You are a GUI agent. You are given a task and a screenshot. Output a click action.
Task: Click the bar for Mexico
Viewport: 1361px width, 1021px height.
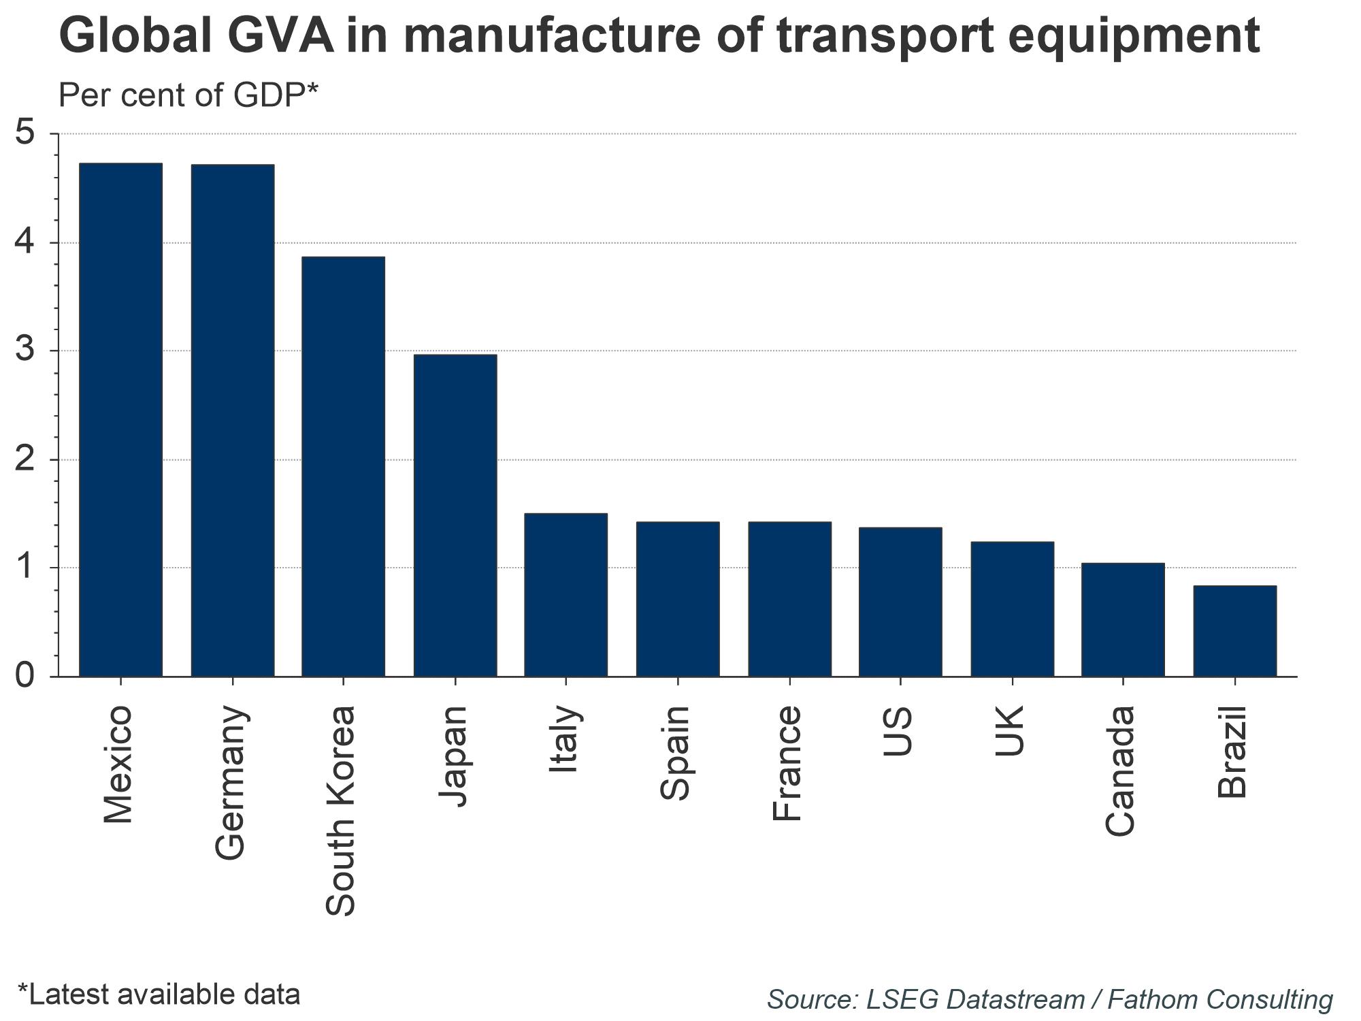click(x=121, y=420)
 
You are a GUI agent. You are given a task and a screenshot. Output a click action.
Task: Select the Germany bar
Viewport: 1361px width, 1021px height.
click(x=233, y=421)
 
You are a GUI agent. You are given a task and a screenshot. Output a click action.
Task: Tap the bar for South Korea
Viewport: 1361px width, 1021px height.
click(x=344, y=467)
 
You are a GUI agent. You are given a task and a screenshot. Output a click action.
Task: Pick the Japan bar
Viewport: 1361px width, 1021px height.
click(x=455, y=515)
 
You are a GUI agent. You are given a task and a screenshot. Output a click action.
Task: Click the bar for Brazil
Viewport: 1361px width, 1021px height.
click(x=1234, y=631)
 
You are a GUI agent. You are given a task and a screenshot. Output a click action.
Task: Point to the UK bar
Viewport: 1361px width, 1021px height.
click(x=1012, y=609)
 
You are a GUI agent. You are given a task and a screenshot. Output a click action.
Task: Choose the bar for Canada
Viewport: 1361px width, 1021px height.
click(x=1123, y=620)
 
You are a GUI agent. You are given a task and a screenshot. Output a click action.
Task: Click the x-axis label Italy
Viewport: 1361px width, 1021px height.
click(x=565, y=739)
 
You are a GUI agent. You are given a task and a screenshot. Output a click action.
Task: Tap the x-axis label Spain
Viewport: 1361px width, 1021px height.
click(x=676, y=753)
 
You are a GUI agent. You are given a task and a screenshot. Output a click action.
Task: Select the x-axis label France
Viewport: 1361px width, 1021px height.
click(x=788, y=763)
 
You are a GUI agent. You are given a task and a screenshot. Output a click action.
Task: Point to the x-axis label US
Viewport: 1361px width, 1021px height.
click(x=899, y=732)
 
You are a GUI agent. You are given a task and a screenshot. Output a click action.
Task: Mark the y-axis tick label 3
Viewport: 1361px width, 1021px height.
click(x=24, y=351)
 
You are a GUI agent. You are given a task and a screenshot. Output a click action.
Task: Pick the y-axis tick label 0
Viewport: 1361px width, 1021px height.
click(x=24, y=676)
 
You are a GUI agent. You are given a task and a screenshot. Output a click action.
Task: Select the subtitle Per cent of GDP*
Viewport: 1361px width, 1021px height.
click(x=188, y=95)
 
